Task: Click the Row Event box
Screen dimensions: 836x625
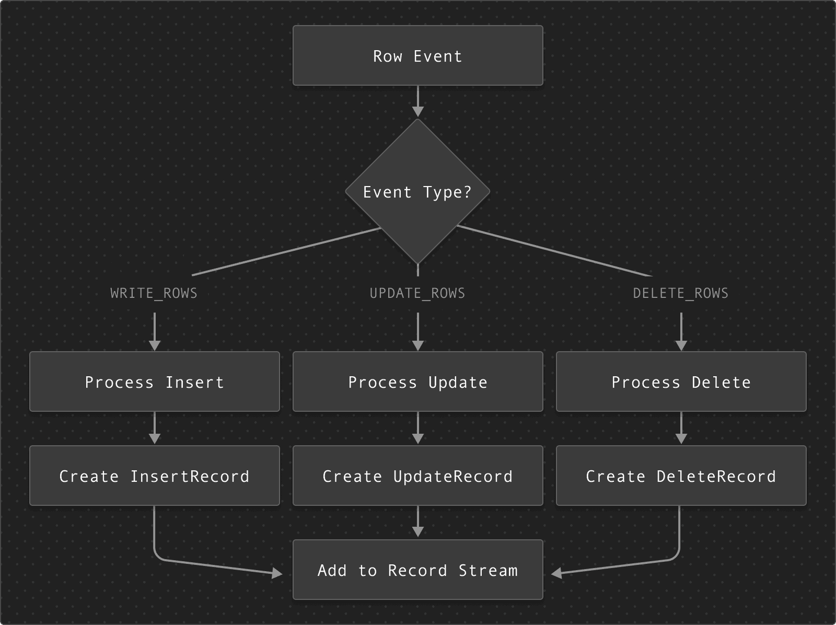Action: point(418,55)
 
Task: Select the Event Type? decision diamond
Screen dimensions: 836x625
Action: point(418,191)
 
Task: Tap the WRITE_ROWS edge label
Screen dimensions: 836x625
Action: point(154,293)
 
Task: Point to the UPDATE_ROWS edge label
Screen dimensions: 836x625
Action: point(418,293)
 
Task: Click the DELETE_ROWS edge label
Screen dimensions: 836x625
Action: point(681,293)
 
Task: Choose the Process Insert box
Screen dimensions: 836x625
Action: point(155,381)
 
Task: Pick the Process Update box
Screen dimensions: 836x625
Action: point(418,381)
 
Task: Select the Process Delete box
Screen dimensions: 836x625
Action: point(681,381)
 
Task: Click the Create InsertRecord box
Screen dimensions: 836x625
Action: point(155,476)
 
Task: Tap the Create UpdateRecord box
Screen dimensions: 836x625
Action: point(418,476)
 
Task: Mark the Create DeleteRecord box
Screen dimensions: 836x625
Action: point(681,476)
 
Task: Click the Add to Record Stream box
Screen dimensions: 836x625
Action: point(418,570)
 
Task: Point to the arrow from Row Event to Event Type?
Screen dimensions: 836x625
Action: point(418,101)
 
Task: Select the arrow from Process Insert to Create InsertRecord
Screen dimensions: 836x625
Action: point(155,427)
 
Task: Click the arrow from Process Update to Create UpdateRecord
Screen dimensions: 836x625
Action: point(418,427)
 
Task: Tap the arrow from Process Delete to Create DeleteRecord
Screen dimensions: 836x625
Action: point(681,427)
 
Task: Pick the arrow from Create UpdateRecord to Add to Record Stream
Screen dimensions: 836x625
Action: point(418,522)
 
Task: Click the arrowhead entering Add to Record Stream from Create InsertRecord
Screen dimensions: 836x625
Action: point(277,573)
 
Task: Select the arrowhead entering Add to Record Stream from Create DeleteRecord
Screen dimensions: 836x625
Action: point(557,573)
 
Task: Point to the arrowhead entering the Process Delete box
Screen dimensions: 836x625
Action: point(681,345)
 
